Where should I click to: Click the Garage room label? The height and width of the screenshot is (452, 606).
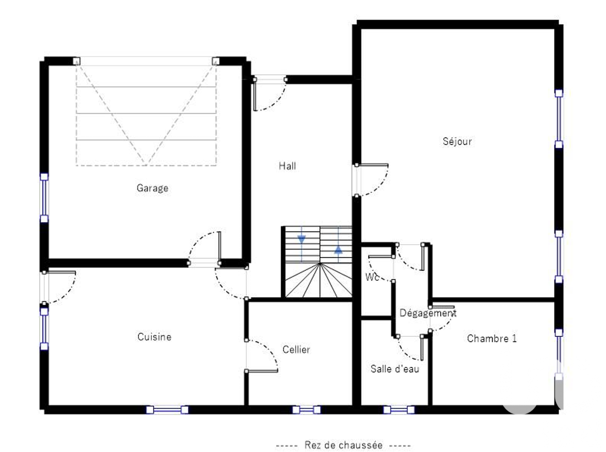pos(152,188)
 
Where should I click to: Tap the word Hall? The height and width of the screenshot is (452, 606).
pos(287,166)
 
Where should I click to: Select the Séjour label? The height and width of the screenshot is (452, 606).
pos(457,141)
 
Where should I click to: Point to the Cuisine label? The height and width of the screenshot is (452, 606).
pos(154,337)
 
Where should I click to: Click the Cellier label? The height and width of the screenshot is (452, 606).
pos(296,349)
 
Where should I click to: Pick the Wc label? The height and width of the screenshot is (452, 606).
pos(371,277)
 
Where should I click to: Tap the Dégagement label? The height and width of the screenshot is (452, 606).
pos(428,313)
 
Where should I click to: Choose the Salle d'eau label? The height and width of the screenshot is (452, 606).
pos(394,369)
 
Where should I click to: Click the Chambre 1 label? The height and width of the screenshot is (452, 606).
pos(492,338)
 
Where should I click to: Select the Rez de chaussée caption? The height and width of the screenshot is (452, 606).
pos(343,445)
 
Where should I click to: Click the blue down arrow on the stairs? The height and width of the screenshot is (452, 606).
pos(301,239)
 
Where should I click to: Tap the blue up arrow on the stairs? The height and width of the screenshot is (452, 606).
pos(338,249)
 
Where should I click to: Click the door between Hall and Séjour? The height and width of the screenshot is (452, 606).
pos(371,180)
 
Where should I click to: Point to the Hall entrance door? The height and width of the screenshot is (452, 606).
pos(269,94)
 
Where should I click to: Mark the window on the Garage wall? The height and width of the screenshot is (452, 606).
pos(44,198)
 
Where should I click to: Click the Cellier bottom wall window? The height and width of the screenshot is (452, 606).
pos(306,409)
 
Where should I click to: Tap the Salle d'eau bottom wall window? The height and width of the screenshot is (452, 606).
pos(399,409)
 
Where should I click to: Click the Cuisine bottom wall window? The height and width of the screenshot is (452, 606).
pos(167,409)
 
